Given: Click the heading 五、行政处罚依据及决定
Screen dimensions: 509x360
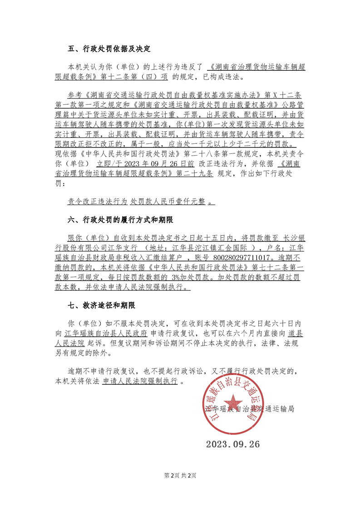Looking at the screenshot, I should pyautogui.click(x=109, y=49).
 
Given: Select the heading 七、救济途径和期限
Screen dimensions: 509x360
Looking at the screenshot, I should pyautogui.click(x=101, y=305).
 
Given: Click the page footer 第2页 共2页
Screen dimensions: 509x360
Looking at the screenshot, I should pyautogui.click(x=180, y=475).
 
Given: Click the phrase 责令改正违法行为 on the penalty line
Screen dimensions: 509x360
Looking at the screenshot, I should pyautogui.click(x=97, y=202).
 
